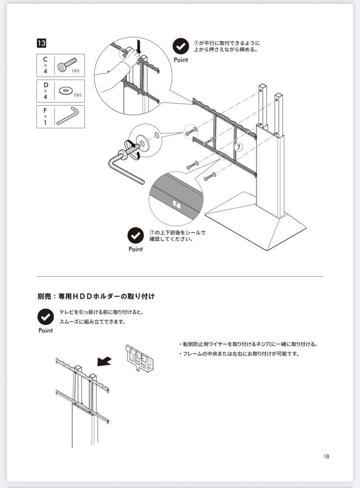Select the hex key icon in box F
click(68, 116)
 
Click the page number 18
click(327, 456)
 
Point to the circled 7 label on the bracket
click(239, 147)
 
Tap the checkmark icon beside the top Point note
click(181, 47)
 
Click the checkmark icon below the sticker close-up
click(136, 235)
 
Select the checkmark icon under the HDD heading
click(46, 317)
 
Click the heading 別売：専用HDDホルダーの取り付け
click(96, 297)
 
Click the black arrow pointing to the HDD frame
click(105, 360)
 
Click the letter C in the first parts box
click(45, 59)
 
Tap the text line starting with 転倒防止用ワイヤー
click(248, 344)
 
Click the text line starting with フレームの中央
click(239, 354)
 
